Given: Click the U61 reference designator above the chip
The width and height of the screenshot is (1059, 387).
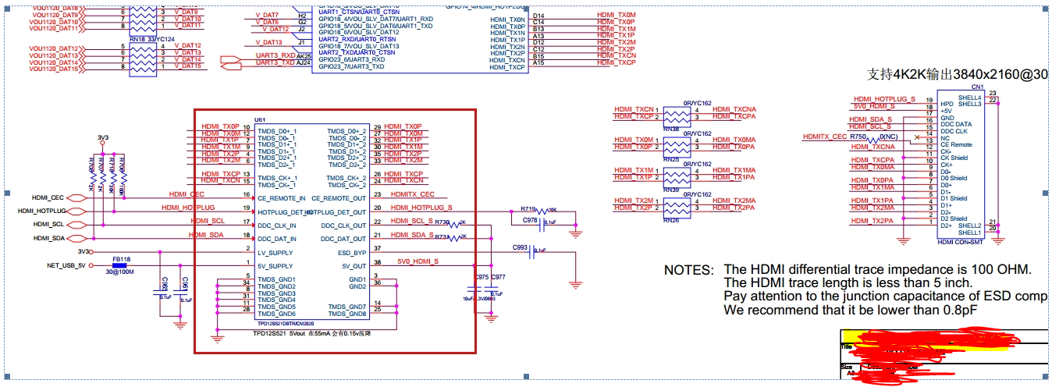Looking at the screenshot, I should (x=260, y=119).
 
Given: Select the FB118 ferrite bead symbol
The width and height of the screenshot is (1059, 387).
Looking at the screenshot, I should (x=121, y=266).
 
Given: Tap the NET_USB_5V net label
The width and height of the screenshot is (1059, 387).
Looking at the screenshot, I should (x=66, y=266).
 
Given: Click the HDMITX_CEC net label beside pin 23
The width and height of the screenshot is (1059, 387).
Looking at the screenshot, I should (x=412, y=194).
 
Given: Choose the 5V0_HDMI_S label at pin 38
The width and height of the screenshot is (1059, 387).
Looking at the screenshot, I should (x=418, y=261).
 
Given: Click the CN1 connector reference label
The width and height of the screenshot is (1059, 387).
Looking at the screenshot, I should (x=976, y=87).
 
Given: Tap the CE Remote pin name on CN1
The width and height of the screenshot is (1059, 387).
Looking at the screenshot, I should (x=956, y=144).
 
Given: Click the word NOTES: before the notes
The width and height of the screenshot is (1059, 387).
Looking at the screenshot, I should (x=688, y=270).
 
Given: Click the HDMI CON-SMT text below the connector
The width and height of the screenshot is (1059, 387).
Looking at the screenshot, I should (x=960, y=243).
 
